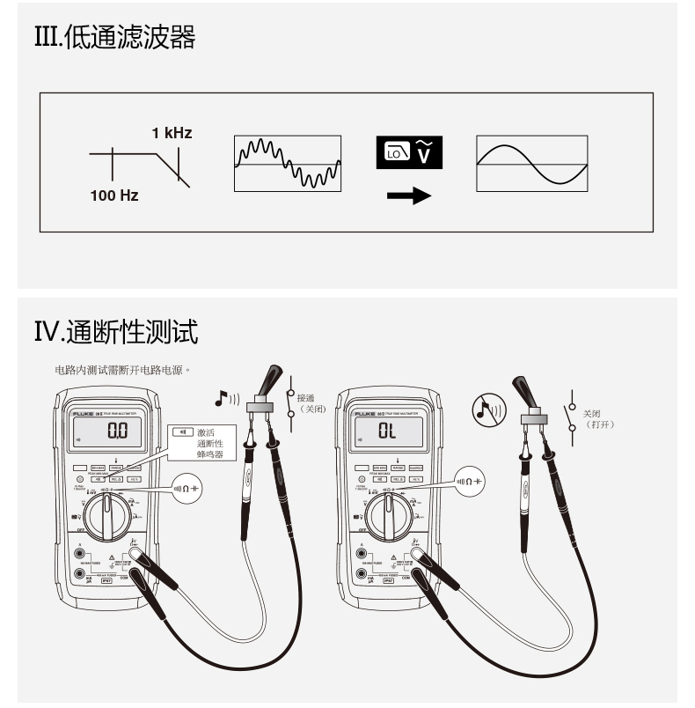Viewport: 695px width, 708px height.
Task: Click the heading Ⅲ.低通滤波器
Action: [114, 38]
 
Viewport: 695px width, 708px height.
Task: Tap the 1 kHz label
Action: [172, 134]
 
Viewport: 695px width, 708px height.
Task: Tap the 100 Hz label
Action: [114, 195]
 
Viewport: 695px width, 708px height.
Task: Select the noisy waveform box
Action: [287, 163]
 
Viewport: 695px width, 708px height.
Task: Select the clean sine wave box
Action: [531, 163]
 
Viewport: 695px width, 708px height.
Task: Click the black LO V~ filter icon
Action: [409, 152]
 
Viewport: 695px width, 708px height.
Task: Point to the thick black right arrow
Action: [409, 195]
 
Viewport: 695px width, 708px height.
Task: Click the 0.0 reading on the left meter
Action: [117, 431]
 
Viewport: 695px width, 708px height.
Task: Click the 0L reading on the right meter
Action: [388, 431]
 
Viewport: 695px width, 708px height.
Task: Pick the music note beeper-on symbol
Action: [226, 400]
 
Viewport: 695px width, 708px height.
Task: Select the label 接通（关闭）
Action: [313, 403]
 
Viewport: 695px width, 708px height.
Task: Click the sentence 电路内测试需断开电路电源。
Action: [122, 370]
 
